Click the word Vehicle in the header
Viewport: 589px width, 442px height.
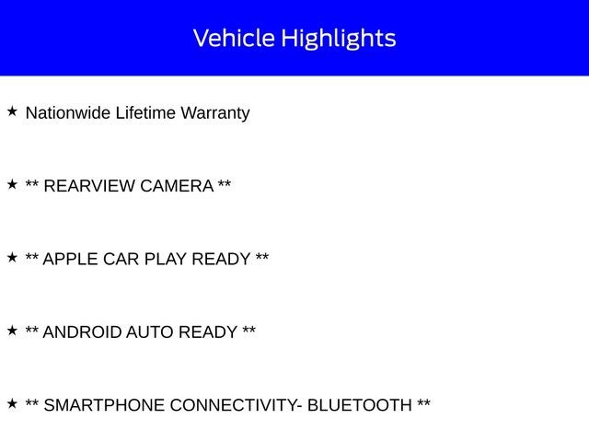(234, 38)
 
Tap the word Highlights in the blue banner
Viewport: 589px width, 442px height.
(339, 39)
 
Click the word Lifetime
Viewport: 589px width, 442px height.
(145, 112)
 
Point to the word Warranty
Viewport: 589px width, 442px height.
(215, 114)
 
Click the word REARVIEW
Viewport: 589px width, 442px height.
(89, 186)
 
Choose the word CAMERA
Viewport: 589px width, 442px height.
(177, 186)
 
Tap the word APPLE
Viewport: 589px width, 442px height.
(70, 259)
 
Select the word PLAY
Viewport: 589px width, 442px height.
(166, 259)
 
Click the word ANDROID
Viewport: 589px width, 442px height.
(82, 332)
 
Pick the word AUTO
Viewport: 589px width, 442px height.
(149, 332)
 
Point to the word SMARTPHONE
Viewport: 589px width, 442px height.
(104, 405)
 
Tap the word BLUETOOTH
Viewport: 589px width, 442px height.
(360, 405)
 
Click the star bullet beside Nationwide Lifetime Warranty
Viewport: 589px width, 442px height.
(12, 111)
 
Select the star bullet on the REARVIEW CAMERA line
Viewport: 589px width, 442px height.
(12, 184)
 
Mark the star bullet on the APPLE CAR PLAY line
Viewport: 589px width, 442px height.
(12, 258)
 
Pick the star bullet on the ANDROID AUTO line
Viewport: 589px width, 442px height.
(12, 331)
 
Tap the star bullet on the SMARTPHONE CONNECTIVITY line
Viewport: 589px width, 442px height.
(12, 403)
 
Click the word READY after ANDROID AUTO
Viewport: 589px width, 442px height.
(208, 332)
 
